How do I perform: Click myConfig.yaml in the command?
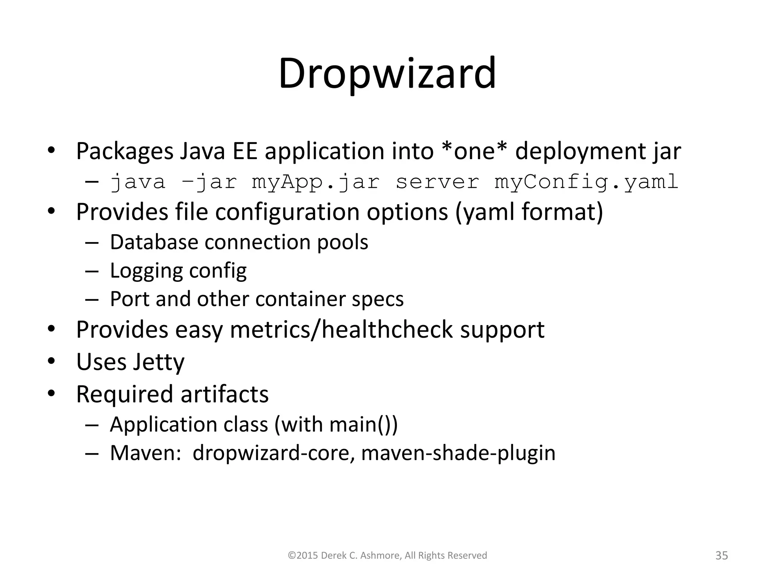(x=586, y=182)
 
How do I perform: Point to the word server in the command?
(x=437, y=182)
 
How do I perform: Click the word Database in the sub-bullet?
(x=154, y=242)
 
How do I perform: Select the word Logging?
(x=146, y=271)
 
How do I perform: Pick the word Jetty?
(x=158, y=362)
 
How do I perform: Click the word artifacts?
(x=224, y=394)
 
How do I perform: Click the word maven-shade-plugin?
(x=458, y=453)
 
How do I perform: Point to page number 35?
(x=722, y=555)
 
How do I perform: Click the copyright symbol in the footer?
(x=291, y=556)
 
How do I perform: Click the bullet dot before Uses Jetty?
(x=51, y=361)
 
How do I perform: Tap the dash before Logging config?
(x=92, y=271)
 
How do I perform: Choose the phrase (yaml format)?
(x=529, y=212)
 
